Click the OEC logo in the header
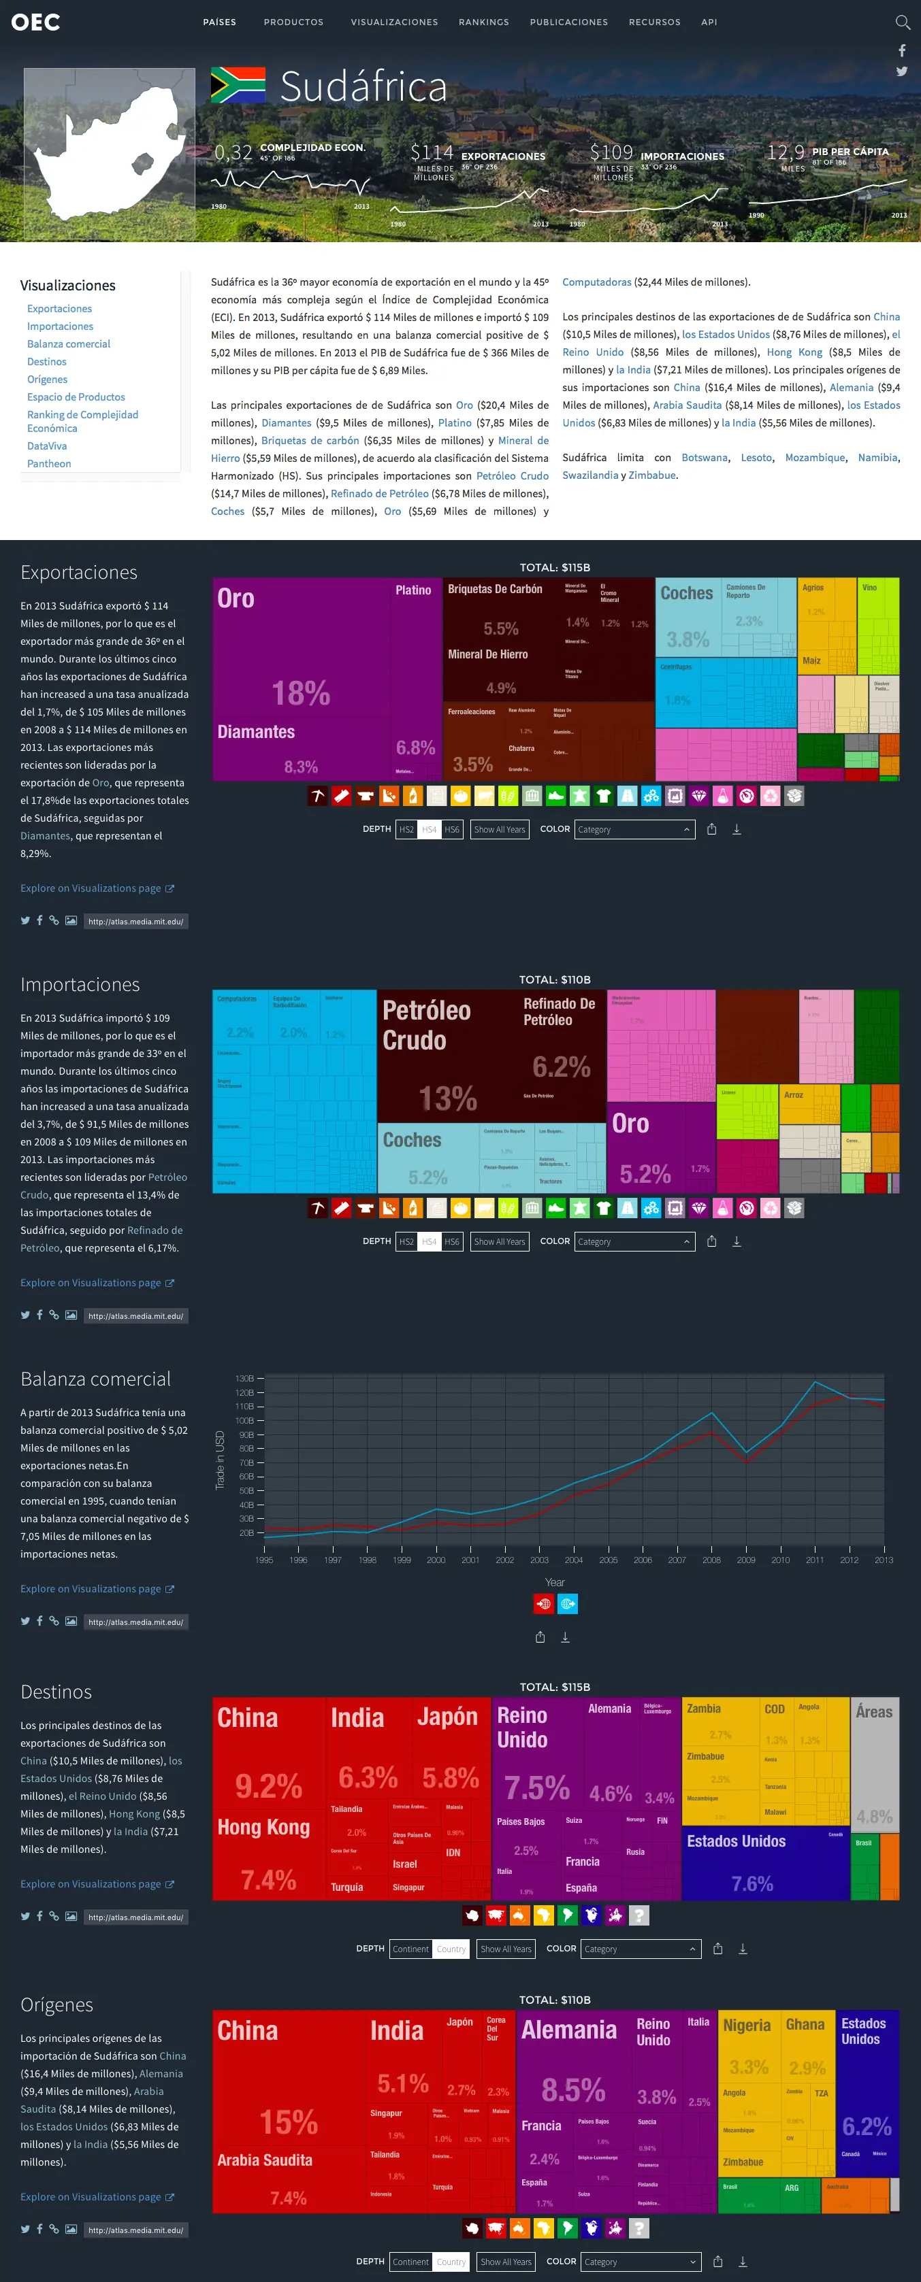pyautogui.click(x=35, y=22)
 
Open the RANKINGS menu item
pyautogui.click(x=483, y=22)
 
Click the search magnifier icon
pyautogui.click(x=903, y=22)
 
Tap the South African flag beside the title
pyautogui.click(x=238, y=85)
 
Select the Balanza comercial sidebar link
pyautogui.click(x=68, y=343)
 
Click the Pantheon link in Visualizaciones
pyautogui.click(x=49, y=463)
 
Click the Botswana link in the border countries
pyautogui.click(x=705, y=457)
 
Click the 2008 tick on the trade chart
pyautogui.click(x=711, y=1560)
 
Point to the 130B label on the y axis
pyautogui.click(x=244, y=1379)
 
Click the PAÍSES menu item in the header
pyautogui.click(x=219, y=22)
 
